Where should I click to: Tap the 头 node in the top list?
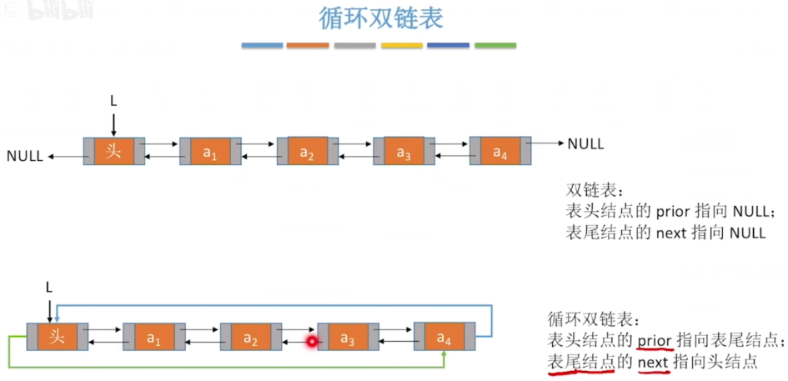114,151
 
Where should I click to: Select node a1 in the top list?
210,152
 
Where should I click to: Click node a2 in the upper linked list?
307,152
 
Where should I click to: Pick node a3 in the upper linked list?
404,152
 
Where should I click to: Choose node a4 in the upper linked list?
499,152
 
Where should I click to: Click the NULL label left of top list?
24,156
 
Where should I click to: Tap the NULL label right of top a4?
585,144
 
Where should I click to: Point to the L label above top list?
113,101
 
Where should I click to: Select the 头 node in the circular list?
57,337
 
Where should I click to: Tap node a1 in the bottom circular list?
153,338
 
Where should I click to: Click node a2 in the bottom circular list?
250,338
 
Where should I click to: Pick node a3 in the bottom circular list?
348,338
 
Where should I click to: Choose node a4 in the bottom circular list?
444,338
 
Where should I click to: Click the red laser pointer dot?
313,341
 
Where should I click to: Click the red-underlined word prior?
655,341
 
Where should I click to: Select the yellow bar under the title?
402,45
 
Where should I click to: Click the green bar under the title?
495,45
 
